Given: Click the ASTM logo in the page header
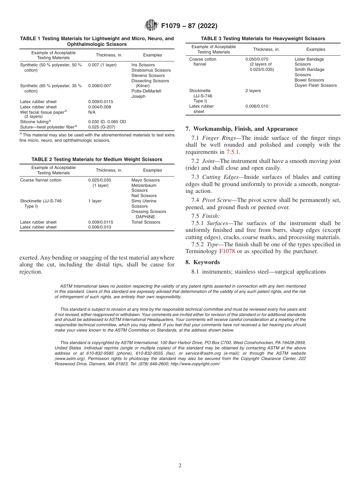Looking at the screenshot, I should click(x=151, y=25).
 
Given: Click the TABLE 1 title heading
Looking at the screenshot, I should click(x=97, y=41).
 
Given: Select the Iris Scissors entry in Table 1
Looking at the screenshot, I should click(x=143, y=65).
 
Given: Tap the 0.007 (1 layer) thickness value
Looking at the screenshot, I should click(x=102, y=65).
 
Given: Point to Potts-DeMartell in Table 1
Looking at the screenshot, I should click(x=146, y=91).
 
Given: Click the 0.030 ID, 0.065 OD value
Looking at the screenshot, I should click(x=107, y=122).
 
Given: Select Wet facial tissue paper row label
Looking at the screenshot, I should click(x=43, y=112).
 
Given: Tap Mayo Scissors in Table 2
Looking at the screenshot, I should click(x=146, y=180).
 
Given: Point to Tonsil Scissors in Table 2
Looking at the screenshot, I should click(x=146, y=222).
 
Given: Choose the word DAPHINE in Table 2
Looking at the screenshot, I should click(x=145, y=217).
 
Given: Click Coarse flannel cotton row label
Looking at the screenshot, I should click(x=41, y=180).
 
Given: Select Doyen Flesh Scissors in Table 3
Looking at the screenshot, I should click(x=315, y=85).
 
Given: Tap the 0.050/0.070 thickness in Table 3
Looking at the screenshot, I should click(x=257, y=59).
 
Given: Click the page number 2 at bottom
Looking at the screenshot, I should click(x=180, y=466).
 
